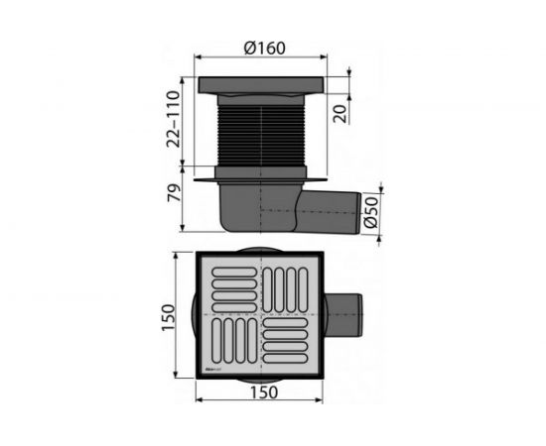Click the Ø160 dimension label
pyautogui.click(x=265, y=48)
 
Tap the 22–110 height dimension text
pyautogui.click(x=173, y=119)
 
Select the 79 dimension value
pyautogui.click(x=174, y=192)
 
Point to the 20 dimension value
pyautogui.click(x=341, y=113)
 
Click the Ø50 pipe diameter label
pyautogui.click(x=370, y=212)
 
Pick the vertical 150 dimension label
pyautogui.click(x=168, y=317)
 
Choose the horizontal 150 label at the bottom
pyautogui.click(x=264, y=392)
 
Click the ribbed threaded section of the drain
pyautogui.click(x=261, y=135)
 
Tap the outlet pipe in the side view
pyautogui.click(x=328, y=212)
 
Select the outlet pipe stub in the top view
pyautogui.click(x=343, y=315)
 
